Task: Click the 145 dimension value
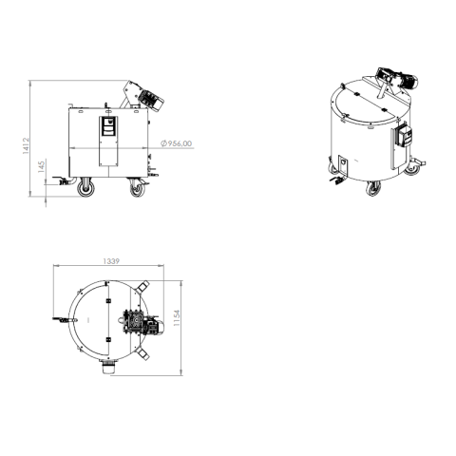coord(40,167)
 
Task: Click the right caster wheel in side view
coord(136,188)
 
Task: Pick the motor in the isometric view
coord(392,79)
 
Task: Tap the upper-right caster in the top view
coord(142,287)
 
